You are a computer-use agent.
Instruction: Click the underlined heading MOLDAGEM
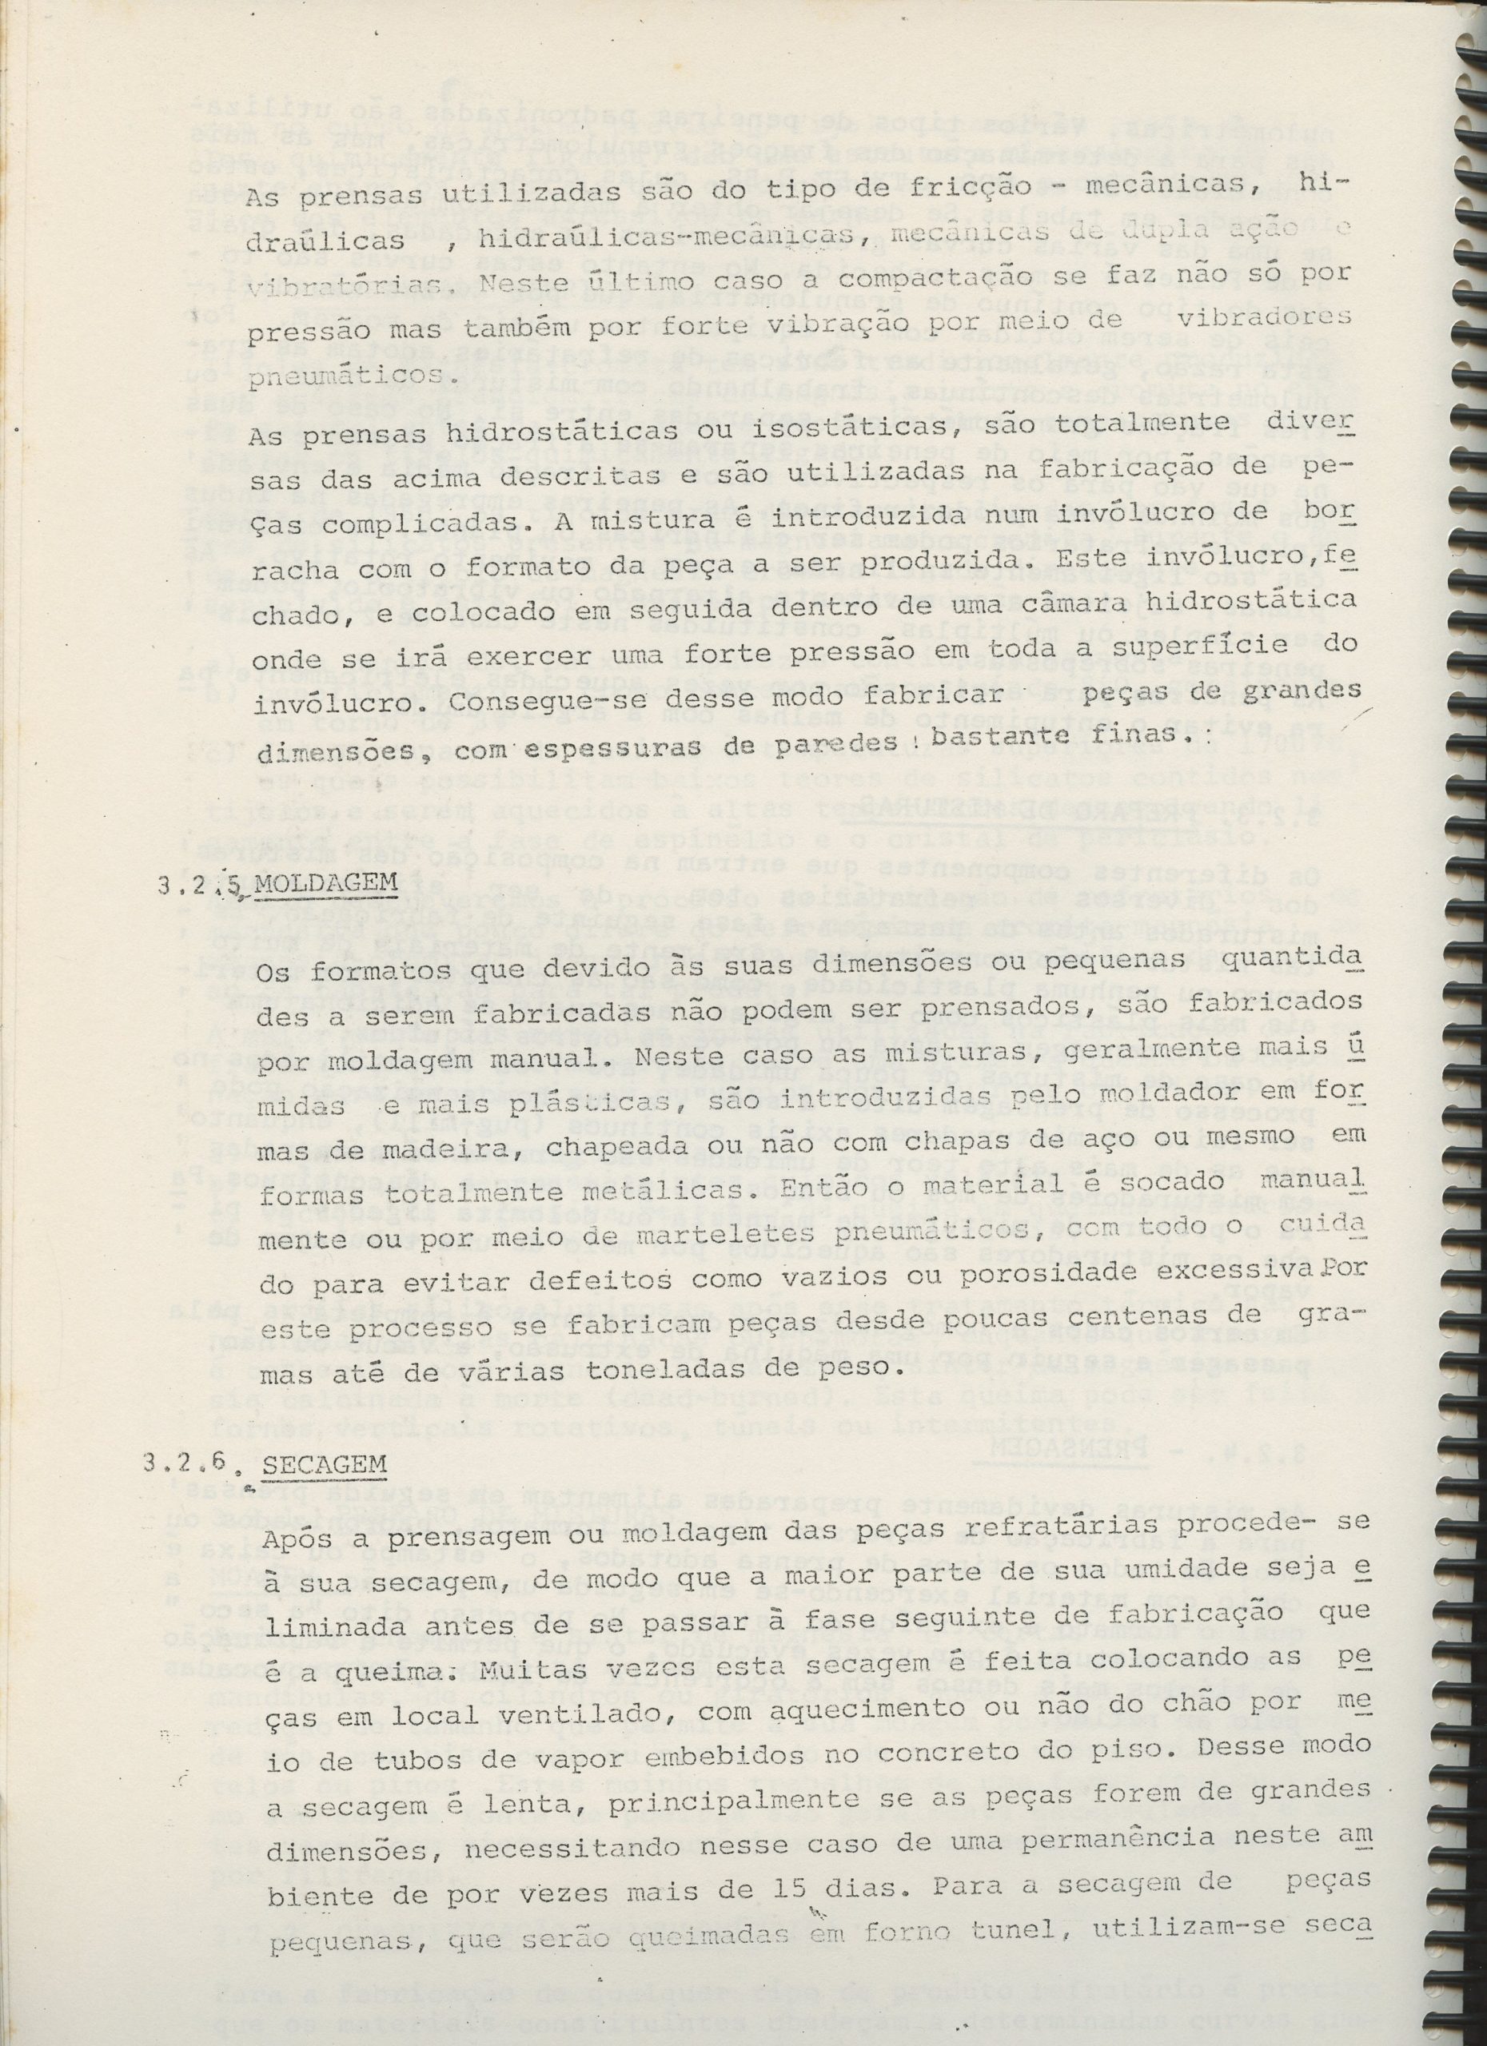(327, 882)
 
